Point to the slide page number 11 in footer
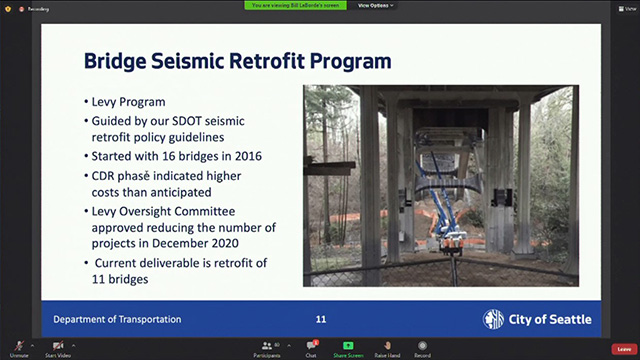coord(321,319)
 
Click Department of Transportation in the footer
coord(118,319)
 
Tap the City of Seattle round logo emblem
coord(493,319)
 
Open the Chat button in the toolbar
coord(311,348)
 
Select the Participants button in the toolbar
coord(267,348)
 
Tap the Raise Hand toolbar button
coord(387,348)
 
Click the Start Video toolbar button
coord(57,348)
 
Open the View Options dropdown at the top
coord(376,5)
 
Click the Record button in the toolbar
coord(422,348)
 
